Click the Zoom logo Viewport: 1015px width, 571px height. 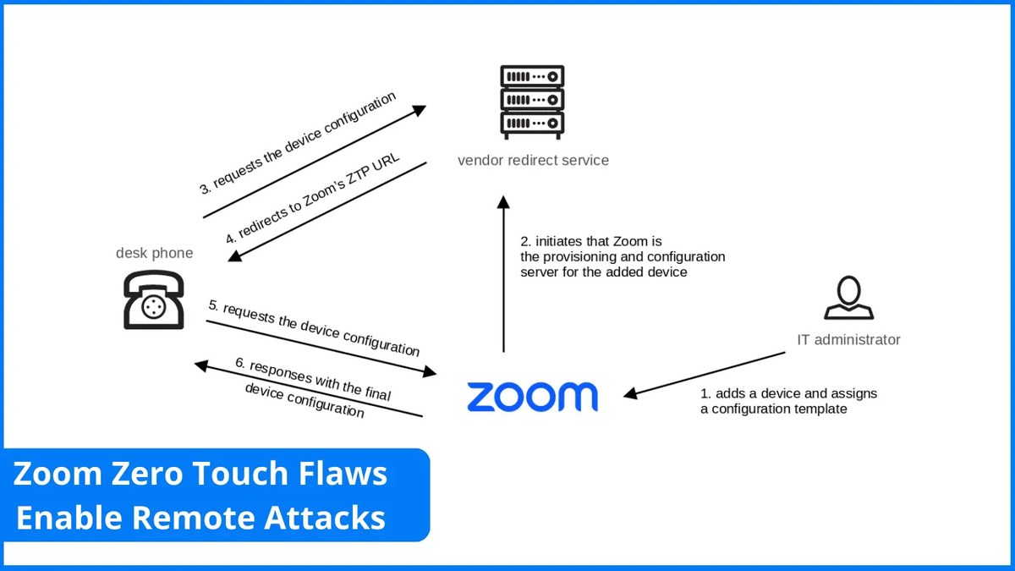click(x=532, y=396)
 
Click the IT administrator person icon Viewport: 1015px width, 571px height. click(x=848, y=299)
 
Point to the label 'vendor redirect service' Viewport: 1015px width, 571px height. click(x=533, y=160)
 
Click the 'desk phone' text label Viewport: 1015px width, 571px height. click(x=154, y=253)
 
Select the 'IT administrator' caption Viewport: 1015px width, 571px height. click(x=848, y=340)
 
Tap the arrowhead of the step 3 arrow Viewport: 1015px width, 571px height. click(x=420, y=109)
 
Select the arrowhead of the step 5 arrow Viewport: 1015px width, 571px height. click(x=431, y=371)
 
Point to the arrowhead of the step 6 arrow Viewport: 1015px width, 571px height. click(x=201, y=365)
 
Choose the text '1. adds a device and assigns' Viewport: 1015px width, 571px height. click(x=788, y=393)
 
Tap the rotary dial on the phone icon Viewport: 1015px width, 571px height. click(x=154, y=305)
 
